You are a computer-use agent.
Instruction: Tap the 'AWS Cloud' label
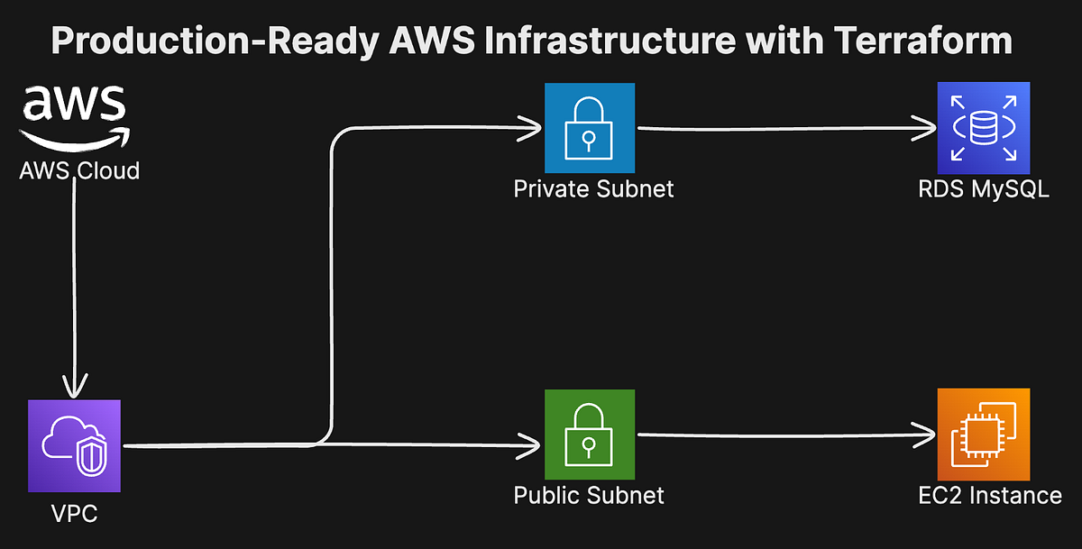(79, 170)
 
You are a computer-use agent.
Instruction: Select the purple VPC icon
(74, 445)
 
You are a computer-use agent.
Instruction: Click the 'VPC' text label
(73, 515)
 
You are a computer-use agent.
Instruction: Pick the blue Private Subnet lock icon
(590, 128)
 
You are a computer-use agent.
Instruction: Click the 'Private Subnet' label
(593, 189)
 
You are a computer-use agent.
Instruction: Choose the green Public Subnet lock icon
(590, 435)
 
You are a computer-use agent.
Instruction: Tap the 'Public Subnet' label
(589, 495)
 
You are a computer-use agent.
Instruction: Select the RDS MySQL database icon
(983, 127)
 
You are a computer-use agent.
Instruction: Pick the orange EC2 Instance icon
(983, 435)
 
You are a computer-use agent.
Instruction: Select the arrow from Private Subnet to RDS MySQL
(784, 129)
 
